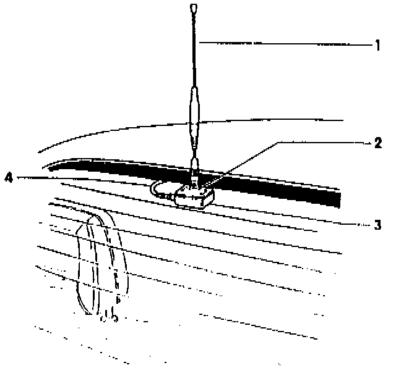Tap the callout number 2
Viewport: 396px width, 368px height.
377,144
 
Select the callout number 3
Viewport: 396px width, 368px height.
377,225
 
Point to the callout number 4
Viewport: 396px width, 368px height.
8,179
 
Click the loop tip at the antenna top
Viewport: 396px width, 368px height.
194,9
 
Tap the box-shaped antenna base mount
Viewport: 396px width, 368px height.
194,197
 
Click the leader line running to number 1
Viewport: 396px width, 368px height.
285,44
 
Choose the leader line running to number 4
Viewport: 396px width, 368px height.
80,179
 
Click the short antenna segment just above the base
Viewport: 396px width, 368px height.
194,167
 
